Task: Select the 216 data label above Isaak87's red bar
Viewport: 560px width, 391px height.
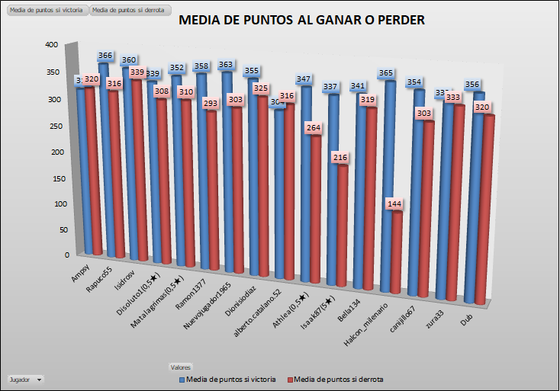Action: pyautogui.click(x=341, y=158)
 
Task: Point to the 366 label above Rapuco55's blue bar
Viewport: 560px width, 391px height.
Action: pyautogui.click(x=107, y=56)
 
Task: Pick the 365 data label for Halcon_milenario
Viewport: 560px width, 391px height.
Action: pyautogui.click(x=387, y=73)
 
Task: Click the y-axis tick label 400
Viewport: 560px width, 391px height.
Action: pyautogui.click(x=52, y=45)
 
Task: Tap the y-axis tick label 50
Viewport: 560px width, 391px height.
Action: pyautogui.click(x=54, y=229)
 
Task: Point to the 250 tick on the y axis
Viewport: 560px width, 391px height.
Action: pyautogui.click(x=52, y=125)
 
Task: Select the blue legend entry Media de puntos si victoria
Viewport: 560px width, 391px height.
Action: pyautogui.click(x=227, y=379)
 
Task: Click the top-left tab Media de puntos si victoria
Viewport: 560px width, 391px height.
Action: pyautogui.click(x=46, y=9)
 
